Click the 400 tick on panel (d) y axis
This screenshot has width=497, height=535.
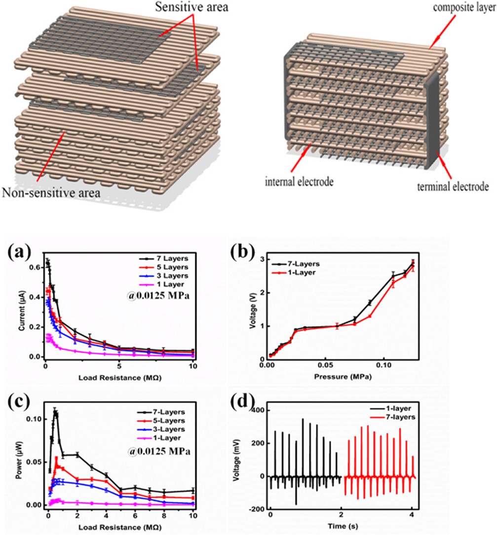(258, 411)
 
